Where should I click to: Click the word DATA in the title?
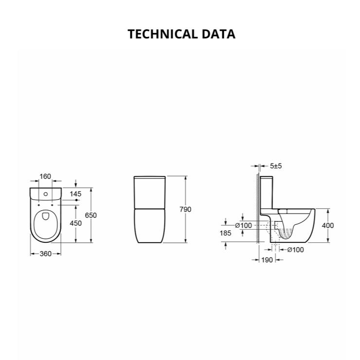219,34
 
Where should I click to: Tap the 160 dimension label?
45,177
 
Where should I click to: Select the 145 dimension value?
75,194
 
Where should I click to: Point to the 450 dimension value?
75,223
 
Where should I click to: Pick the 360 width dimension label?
45,253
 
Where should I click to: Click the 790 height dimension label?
185,209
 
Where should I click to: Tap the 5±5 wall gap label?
276,166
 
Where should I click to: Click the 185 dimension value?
226,234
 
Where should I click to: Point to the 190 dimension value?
267,260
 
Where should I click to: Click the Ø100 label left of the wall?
243,225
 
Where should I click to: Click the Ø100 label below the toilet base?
296,250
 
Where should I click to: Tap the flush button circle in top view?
45,194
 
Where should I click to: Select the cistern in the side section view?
268,195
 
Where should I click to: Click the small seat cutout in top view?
45,217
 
